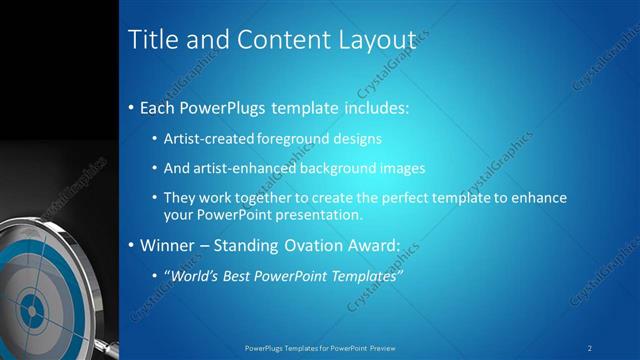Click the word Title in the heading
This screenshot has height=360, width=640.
[153, 39]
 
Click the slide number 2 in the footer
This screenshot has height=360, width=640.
[590, 348]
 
